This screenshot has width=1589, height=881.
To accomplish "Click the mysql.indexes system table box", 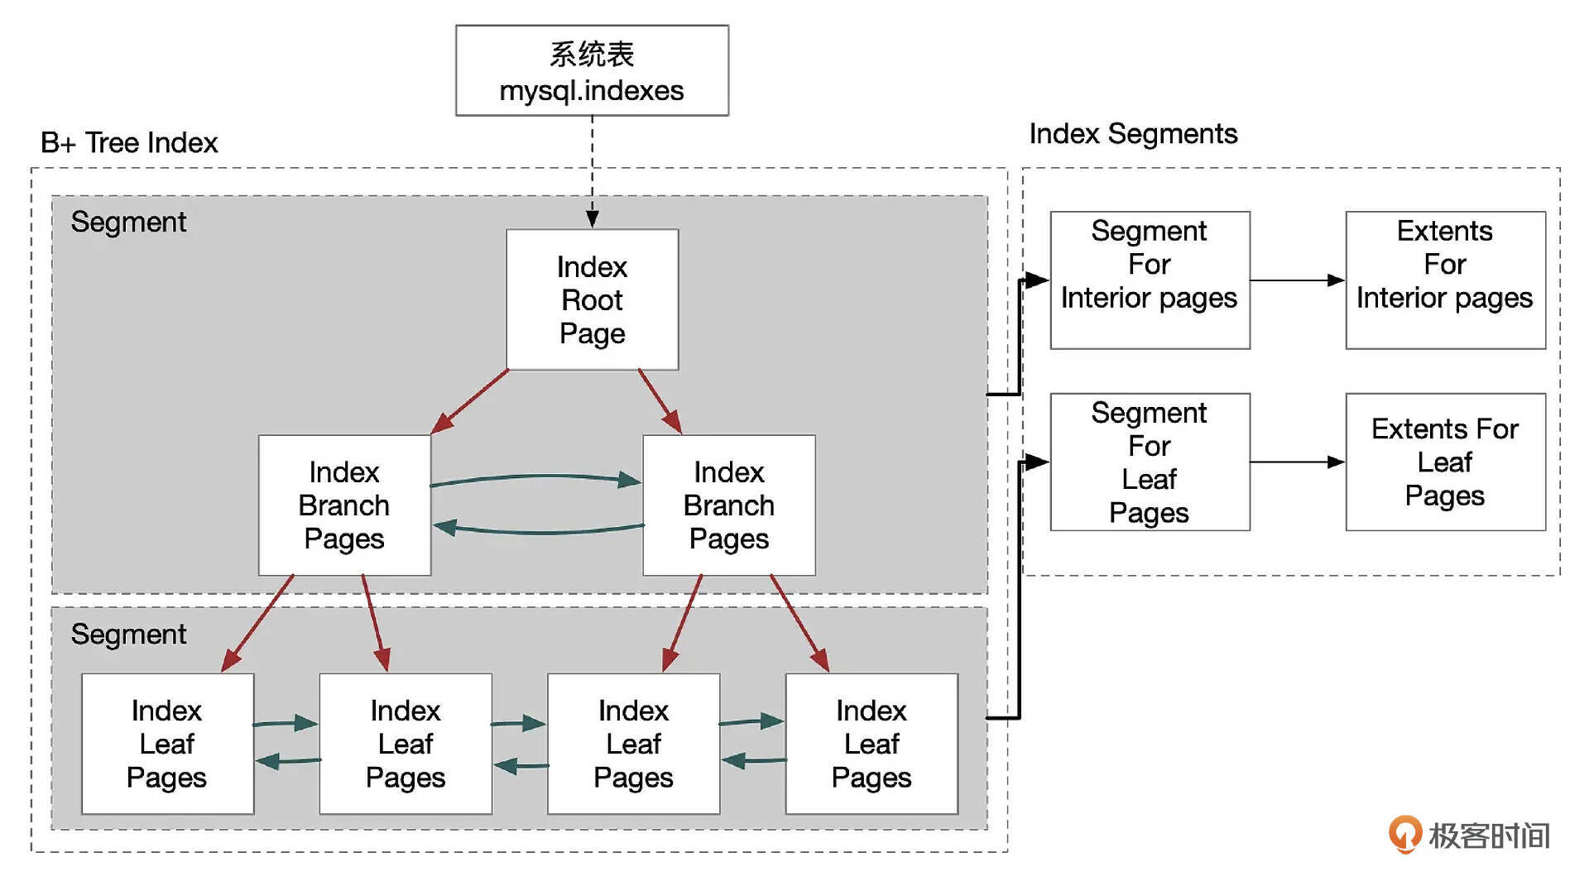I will coord(592,70).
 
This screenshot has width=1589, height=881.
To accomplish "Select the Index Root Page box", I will coord(592,299).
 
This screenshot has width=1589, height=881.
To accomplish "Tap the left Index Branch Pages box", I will coord(344,505).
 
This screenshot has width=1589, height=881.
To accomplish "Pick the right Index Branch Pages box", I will coord(728,505).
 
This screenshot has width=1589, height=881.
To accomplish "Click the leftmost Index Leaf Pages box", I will coord(167,743).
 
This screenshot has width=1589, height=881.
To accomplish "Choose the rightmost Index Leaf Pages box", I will coord(871,743).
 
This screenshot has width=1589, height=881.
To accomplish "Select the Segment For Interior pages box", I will coord(1150,280).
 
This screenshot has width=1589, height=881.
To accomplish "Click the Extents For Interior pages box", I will coord(1445,280).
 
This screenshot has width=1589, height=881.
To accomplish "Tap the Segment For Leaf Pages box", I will coord(1150,462).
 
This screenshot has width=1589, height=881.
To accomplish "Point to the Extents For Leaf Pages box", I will coord(1445,462).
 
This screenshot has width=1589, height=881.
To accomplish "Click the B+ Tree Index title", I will coord(129,142).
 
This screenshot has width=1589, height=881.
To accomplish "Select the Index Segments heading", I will coord(1133,133).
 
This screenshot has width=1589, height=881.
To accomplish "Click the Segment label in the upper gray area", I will coord(128,222).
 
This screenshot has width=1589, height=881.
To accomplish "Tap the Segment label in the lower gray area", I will coord(128,634).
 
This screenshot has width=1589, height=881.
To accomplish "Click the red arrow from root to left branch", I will coord(469,401).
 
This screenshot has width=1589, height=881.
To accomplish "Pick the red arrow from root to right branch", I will coord(660,401).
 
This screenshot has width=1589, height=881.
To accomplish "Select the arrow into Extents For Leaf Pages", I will coord(1297,462).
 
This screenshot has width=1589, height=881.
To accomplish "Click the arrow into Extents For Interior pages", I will coord(1297,280).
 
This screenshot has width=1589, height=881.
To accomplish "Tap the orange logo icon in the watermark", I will coord(1404,834).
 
